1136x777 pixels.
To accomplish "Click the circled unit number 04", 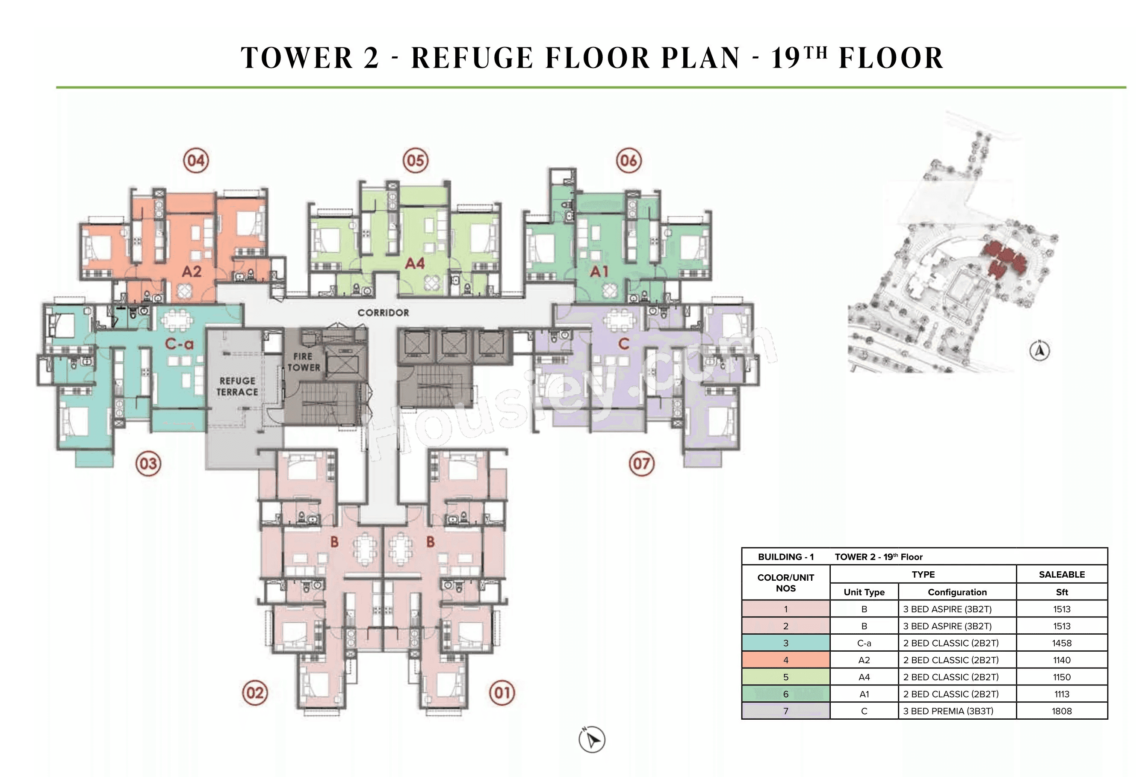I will [x=196, y=160].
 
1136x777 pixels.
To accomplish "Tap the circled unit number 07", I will [x=641, y=463].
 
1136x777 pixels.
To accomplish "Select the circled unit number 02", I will [x=255, y=692].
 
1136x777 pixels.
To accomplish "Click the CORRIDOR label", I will [x=383, y=313].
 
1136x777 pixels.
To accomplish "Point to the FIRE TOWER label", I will [x=304, y=362].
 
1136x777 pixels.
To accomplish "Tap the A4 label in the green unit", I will [x=415, y=263].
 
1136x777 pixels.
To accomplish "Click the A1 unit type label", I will [x=599, y=272].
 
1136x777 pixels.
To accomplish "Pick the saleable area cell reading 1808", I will [x=1061, y=711].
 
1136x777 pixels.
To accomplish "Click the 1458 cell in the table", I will [x=1061, y=643].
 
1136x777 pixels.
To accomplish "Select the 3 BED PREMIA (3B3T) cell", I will [x=948, y=711].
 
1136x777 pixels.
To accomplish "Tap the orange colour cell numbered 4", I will [x=785, y=660].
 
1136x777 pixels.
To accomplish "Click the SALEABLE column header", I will [x=1061, y=575].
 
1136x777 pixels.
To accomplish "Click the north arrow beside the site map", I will [x=1040, y=351].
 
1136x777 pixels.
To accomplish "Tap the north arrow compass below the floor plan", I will [x=592, y=739].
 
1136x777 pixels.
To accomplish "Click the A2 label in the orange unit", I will [x=192, y=272].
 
